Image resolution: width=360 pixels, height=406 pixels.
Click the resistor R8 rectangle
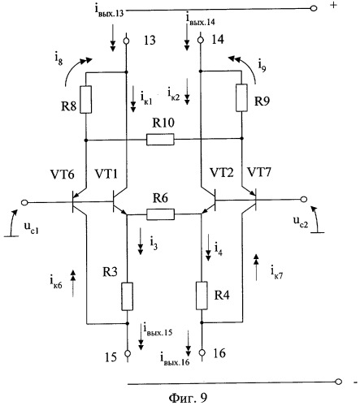tap(86, 99)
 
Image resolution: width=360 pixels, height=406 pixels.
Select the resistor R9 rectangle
tap(241, 97)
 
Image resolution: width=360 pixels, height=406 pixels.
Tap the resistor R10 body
tap(160, 140)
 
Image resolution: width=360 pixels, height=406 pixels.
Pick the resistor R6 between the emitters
tap(160, 214)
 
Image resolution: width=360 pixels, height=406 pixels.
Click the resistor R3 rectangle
tap(127, 296)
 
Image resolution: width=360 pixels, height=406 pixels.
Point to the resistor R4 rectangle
tap(202, 296)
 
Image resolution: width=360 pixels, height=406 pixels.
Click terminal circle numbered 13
tap(126, 41)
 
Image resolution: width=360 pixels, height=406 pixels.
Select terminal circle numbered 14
tap(201, 40)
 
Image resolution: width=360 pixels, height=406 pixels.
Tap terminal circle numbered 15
tap(128, 353)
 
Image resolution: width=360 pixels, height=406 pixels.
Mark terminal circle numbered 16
tap(202, 352)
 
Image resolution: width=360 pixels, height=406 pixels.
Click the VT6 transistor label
tap(62, 175)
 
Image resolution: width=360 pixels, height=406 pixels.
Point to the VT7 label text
tap(258, 172)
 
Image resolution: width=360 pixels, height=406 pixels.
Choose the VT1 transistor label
tap(106, 174)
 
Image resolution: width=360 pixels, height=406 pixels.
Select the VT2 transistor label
tap(221, 172)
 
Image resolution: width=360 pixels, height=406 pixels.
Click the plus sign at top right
tap(334, 5)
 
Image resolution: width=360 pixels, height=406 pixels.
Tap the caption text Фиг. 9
tap(188, 398)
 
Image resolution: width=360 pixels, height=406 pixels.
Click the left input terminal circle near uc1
tap(24, 203)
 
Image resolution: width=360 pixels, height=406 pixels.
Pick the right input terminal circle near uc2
tap(304, 199)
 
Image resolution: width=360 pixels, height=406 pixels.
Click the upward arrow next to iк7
tap(256, 267)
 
